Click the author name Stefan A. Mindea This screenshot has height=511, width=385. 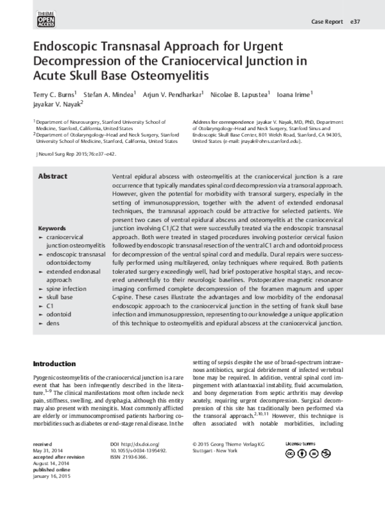point(109,96)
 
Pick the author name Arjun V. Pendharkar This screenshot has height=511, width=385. point(171,96)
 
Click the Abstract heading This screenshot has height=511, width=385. point(53,176)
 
